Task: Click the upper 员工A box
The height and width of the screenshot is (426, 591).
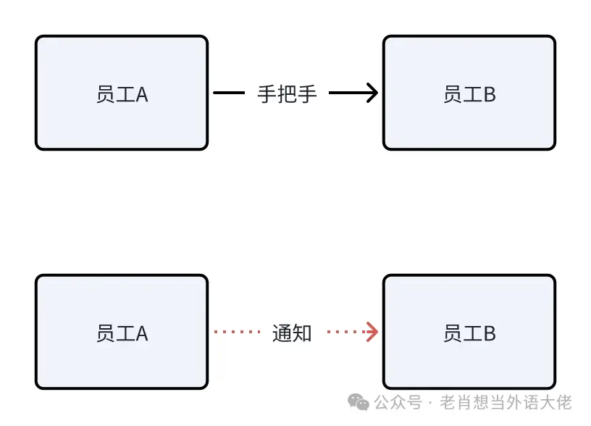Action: click(122, 93)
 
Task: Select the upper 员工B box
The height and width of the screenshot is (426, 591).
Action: click(469, 93)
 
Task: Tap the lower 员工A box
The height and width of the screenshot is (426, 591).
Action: click(122, 332)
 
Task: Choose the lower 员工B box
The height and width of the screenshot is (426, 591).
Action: click(469, 332)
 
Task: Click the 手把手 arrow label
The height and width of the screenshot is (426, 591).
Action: click(288, 93)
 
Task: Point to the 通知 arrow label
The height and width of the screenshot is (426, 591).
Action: click(292, 333)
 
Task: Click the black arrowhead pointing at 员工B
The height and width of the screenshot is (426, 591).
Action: click(372, 93)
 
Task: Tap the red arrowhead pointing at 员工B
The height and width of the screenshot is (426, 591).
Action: click(372, 332)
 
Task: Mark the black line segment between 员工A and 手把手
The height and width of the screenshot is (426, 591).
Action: click(230, 93)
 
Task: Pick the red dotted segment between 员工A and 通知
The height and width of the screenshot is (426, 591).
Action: click(237, 332)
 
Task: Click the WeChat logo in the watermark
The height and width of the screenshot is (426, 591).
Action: click(358, 402)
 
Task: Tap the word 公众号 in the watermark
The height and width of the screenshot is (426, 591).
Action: click(398, 402)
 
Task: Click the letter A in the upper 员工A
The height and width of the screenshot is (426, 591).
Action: click(142, 94)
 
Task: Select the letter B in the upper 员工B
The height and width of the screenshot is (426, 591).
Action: click(490, 94)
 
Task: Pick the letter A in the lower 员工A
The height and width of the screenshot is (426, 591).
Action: click(142, 333)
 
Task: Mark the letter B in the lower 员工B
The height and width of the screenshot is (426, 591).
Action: click(490, 333)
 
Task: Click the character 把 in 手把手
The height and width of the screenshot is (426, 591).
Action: click(288, 93)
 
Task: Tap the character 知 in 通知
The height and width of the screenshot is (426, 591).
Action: click(302, 333)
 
